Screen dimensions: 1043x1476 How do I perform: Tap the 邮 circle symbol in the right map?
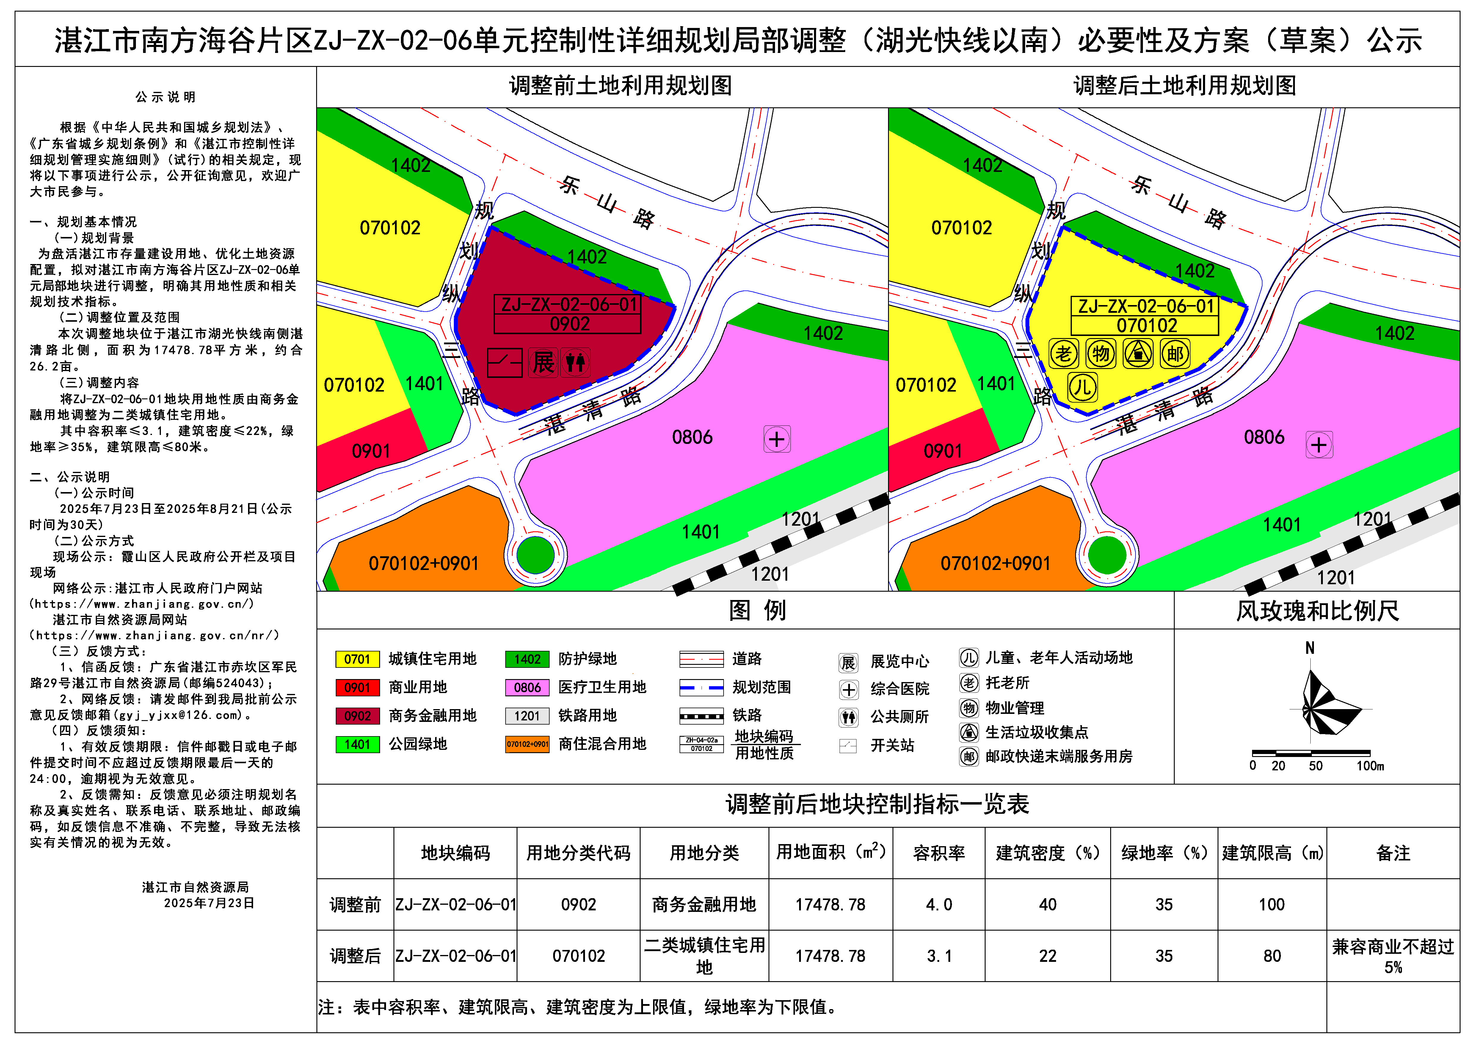pos(1175,354)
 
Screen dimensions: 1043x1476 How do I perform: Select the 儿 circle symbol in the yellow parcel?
pos(1083,387)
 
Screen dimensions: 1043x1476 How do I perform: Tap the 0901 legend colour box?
pos(357,688)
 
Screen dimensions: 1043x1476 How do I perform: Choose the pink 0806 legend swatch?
pos(527,688)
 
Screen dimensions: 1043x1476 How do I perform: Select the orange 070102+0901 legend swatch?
pos(527,744)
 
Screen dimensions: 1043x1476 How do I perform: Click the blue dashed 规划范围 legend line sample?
pos(701,688)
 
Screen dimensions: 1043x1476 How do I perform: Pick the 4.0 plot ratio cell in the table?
pos(939,905)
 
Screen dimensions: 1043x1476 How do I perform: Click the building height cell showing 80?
pos(1272,956)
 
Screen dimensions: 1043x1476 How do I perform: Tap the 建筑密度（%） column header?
pos(1047,853)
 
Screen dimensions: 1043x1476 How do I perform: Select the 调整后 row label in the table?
pos(355,956)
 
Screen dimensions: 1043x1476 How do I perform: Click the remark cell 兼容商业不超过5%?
pos(1392,956)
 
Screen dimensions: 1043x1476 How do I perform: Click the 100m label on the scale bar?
pos(1370,766)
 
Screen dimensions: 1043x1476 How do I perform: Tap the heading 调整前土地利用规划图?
pos(620,85)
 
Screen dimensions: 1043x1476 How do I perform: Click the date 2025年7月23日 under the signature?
pos(209,903)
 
